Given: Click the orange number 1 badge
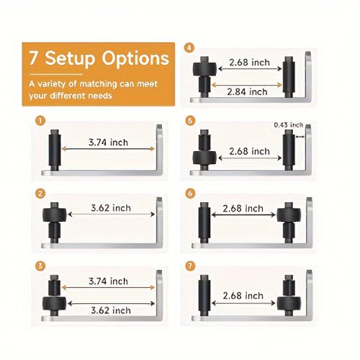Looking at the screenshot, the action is (40, 120).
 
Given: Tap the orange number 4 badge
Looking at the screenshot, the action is (189, 48).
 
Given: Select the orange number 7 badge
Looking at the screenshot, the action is (190, 266).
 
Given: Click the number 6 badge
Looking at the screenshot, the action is (190, 194).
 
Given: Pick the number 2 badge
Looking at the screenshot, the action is (40, 194).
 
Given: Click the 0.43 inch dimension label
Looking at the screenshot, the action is (288, 125).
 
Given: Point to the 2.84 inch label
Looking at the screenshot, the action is (247, 92).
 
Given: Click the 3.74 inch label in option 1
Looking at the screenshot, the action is (108, 143).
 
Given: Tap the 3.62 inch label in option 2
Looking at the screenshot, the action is (111, 208).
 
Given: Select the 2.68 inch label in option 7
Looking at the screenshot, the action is (243, 296).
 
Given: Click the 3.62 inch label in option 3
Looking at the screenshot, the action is (111, 310).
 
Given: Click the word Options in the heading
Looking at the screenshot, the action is (135, 59).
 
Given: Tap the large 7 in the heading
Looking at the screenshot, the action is (34, 58).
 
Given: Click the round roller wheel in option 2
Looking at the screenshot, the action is (55, 215).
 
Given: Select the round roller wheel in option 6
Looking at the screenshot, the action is (289, 215).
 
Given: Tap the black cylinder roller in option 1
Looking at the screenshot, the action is (55, 150).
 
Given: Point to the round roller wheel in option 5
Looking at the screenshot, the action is (204, 158).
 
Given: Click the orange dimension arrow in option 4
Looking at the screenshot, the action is (247, 85).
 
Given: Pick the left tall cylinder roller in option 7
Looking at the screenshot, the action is (204, 295).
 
